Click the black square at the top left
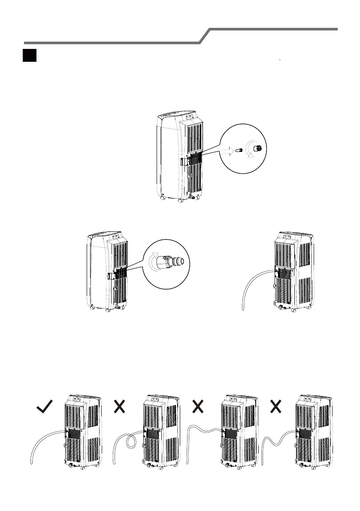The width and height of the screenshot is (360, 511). point(29,56)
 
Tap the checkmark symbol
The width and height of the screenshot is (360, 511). point(45,406)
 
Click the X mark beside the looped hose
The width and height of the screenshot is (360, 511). point(120,406)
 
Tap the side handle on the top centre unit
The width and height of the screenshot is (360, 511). point(184,162)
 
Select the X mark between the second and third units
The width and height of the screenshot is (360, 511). point(197,406)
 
